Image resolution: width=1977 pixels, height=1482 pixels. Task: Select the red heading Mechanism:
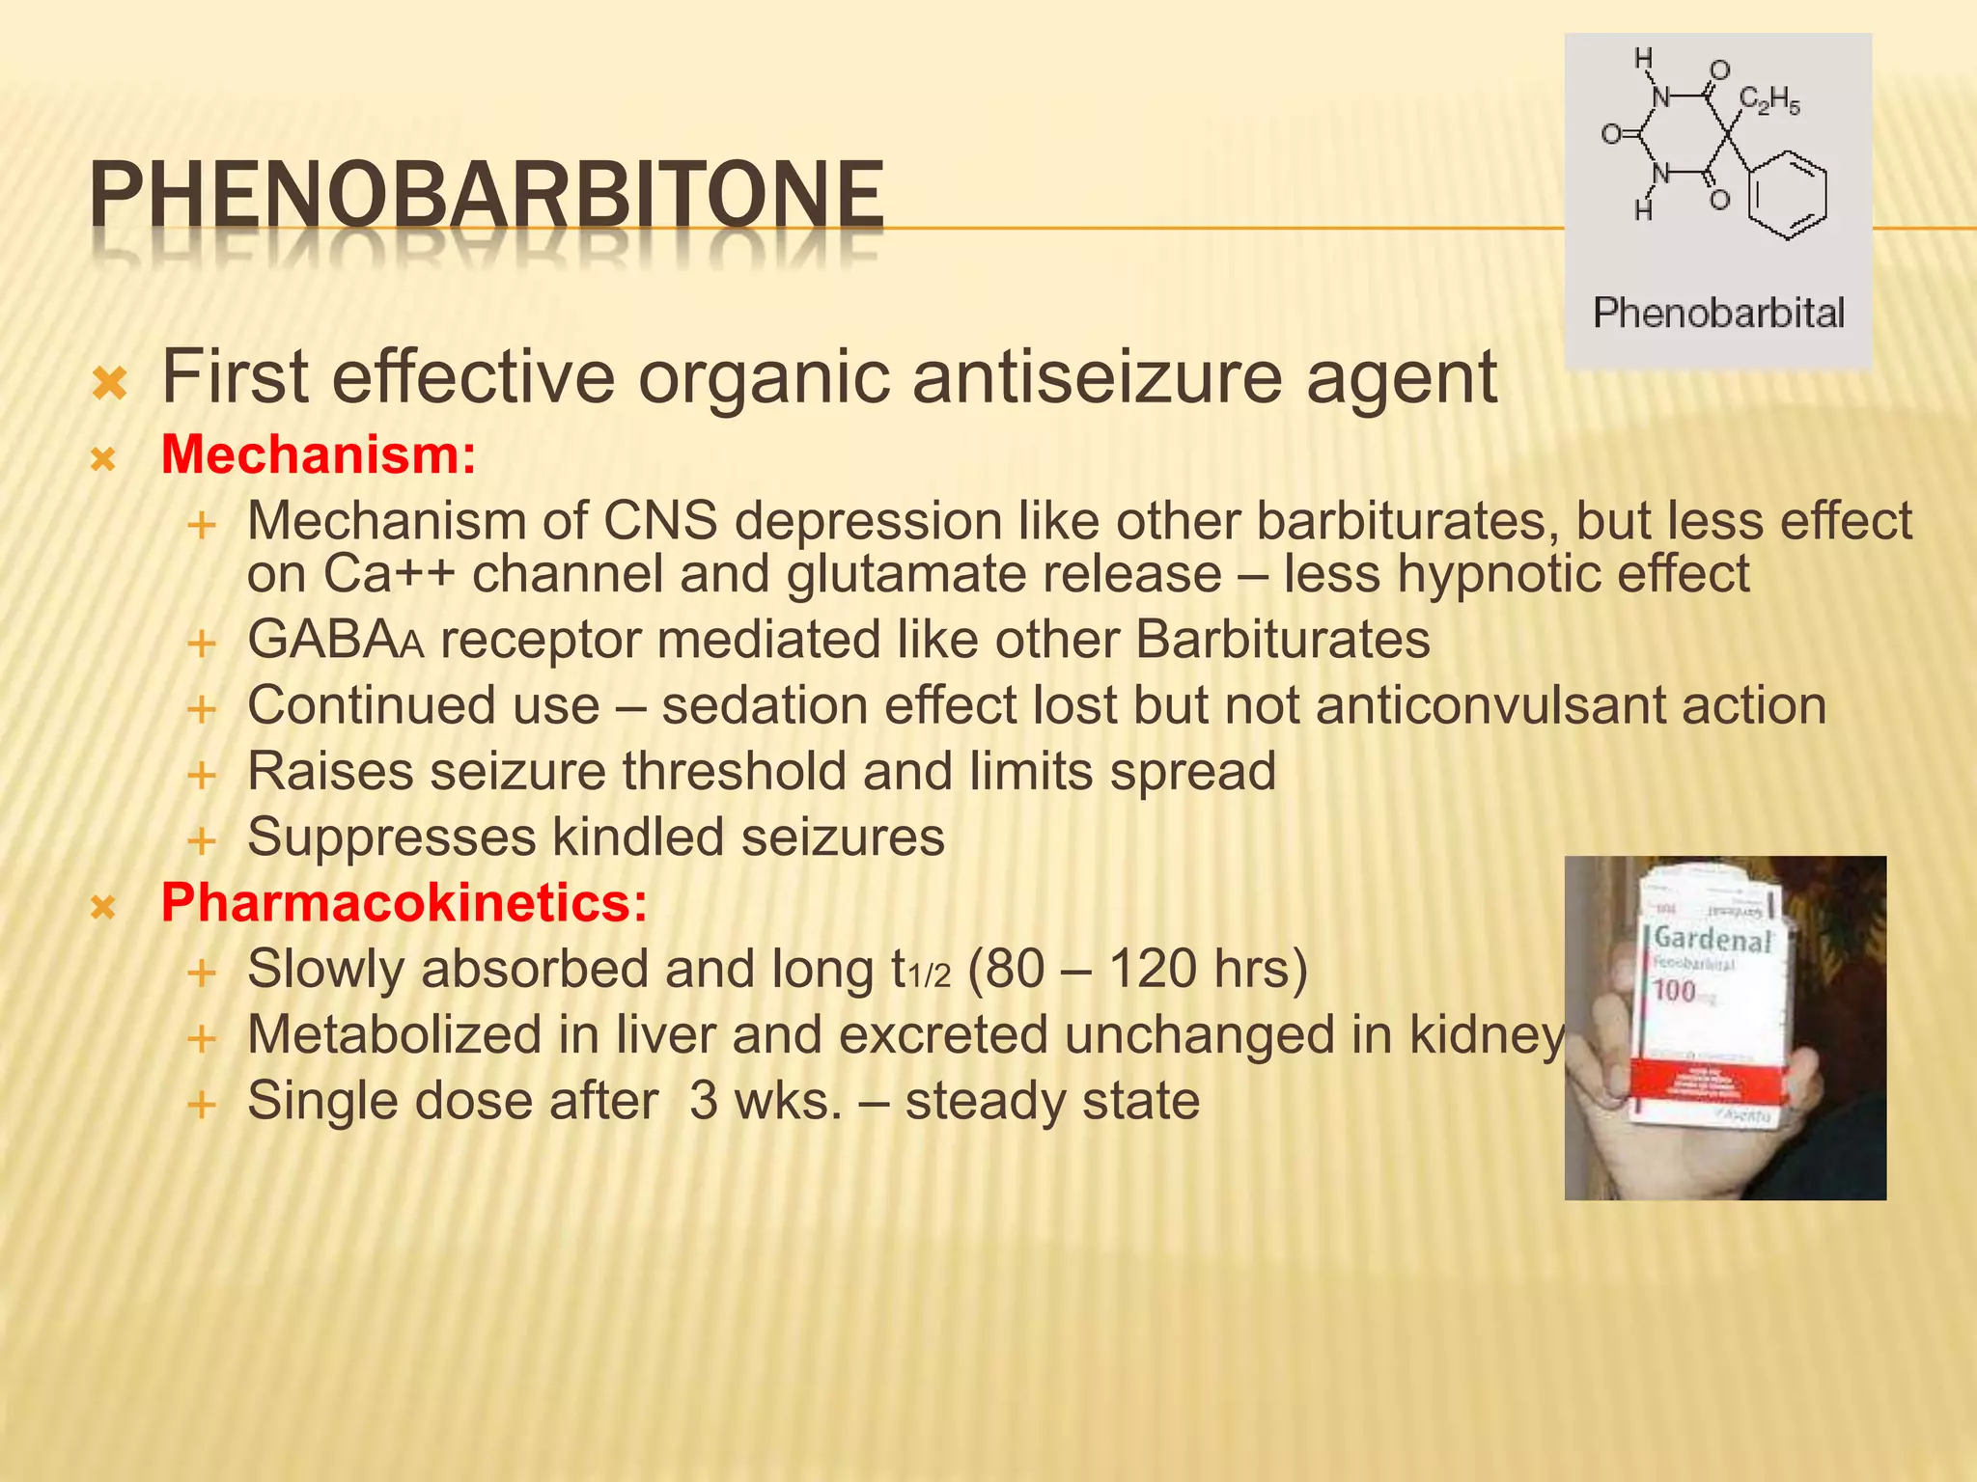point(319,454)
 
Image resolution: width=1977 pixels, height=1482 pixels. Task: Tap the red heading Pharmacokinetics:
point(404,903)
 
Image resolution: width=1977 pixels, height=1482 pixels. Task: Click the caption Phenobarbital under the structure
point(1718,313)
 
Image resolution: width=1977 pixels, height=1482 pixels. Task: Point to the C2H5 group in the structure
point(1768,100)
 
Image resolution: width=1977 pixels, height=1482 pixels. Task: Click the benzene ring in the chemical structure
point(1788,194)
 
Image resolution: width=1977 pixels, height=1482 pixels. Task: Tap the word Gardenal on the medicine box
point(1712,939)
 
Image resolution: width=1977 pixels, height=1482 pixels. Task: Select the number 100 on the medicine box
point(1674,990)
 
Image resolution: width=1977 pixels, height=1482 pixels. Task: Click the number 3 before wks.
point(703,1101)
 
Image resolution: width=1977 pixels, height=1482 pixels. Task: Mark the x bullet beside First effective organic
point(110,384)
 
